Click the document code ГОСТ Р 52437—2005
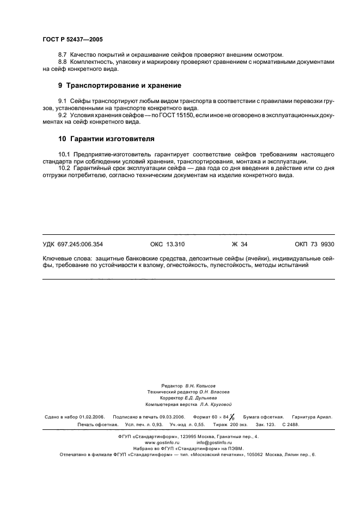72,40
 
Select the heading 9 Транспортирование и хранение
119,86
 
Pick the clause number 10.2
65,168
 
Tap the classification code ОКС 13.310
167,245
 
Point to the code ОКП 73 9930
314,245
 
